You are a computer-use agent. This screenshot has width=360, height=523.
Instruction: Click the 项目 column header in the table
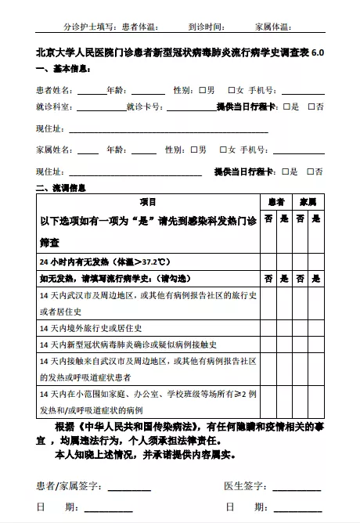tap(148, 202)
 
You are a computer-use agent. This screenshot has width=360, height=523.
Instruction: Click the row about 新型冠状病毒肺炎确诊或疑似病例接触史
tap(129, 344)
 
